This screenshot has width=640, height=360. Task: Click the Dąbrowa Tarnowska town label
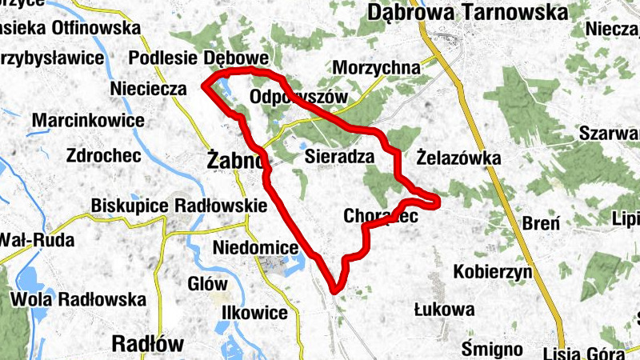[x=468, y=12]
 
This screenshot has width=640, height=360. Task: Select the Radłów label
[x=148, y=344]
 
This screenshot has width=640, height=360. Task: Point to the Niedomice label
[x=255, y=248]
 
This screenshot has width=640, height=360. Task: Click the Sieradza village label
[x=340, y=158]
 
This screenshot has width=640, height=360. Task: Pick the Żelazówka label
[x=459, y=158]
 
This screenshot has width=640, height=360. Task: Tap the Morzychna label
[x=378, y=68]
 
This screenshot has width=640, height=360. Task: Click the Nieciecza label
[x=149, y=89]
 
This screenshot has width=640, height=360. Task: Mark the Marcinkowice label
[x=88, y=121]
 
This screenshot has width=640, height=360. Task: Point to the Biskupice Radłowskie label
[x=178, y=206]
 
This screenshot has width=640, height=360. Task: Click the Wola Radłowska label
[x=79, y=300]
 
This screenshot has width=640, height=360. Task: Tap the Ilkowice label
[x=255, y=312]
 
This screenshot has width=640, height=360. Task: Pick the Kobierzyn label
[x=493, y=272]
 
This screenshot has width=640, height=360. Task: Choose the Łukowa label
[x=444, y=309]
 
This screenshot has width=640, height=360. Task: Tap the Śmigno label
[x=493, y=349]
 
